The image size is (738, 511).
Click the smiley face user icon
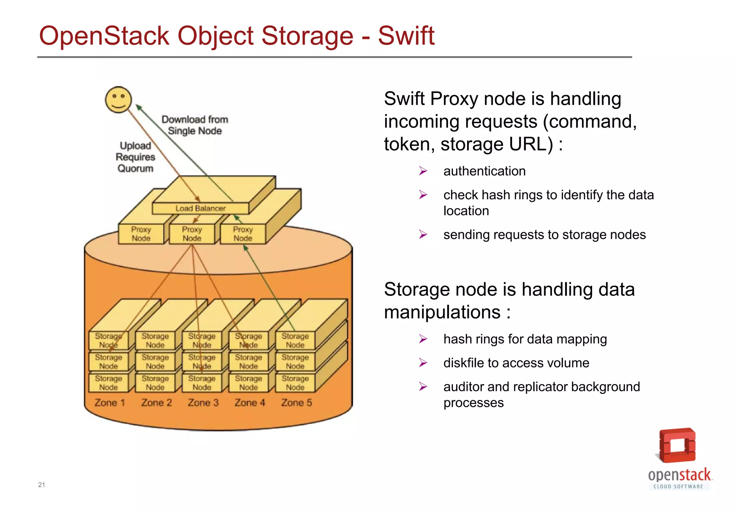click(x=118, y=99)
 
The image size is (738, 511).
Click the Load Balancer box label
click(x=200, y=208)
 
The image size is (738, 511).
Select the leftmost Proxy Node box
click(x=141, y=234)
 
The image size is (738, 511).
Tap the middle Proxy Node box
click(x=192, y=234)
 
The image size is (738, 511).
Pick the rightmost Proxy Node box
click(x=243, y=234)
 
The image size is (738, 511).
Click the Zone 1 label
click(x=110, y=403)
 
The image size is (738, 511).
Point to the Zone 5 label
click(x=297, y=403)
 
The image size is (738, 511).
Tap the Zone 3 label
click(x=203, y=403)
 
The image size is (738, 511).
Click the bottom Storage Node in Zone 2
click(x=155, y=383)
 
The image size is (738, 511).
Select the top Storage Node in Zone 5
click(x=295, y=340)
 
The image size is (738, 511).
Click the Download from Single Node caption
click(x=195, y=125)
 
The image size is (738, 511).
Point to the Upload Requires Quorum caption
click(x=135, y=157)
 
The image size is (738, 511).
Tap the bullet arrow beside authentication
click(x=423, y=171)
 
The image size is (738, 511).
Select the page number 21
click(x=41, y=485)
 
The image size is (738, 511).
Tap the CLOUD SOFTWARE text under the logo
click(x=679, y=486)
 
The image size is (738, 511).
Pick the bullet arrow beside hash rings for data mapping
click(x=423, y=339)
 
